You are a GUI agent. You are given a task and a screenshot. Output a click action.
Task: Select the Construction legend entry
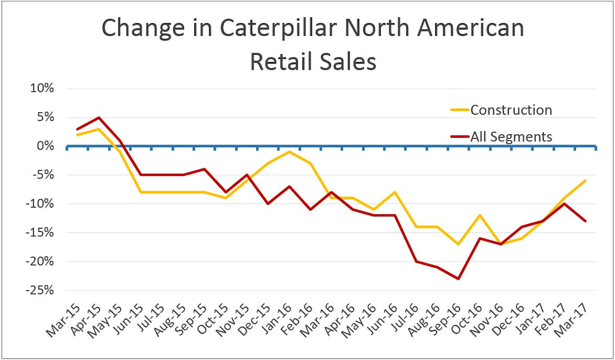point(511,110)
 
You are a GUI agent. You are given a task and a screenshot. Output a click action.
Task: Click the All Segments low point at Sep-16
point(458,279)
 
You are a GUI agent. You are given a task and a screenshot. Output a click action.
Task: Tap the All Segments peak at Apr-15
point(98,117)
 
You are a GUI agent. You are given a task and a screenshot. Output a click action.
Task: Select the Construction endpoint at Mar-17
point(585,181)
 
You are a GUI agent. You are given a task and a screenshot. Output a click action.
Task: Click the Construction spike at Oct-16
point(479,215)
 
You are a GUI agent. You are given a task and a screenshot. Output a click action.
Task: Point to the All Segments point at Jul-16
point(416,262)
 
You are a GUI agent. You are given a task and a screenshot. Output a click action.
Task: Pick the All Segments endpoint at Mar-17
point(585,221)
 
